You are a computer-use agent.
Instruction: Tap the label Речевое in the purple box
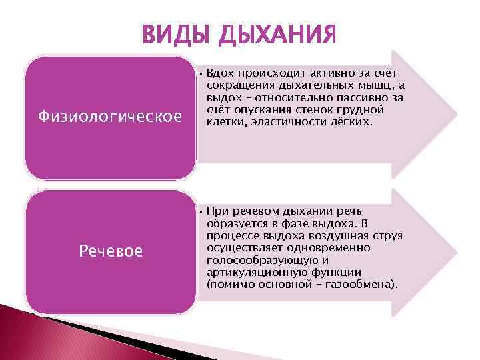[x=110, y=251]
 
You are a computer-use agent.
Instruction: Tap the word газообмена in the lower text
[x=365, y=285]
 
